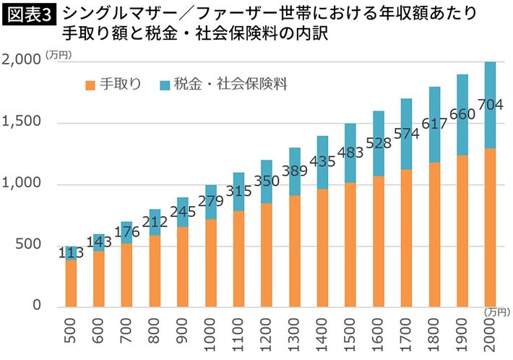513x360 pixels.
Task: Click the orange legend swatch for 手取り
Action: (89, 85)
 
